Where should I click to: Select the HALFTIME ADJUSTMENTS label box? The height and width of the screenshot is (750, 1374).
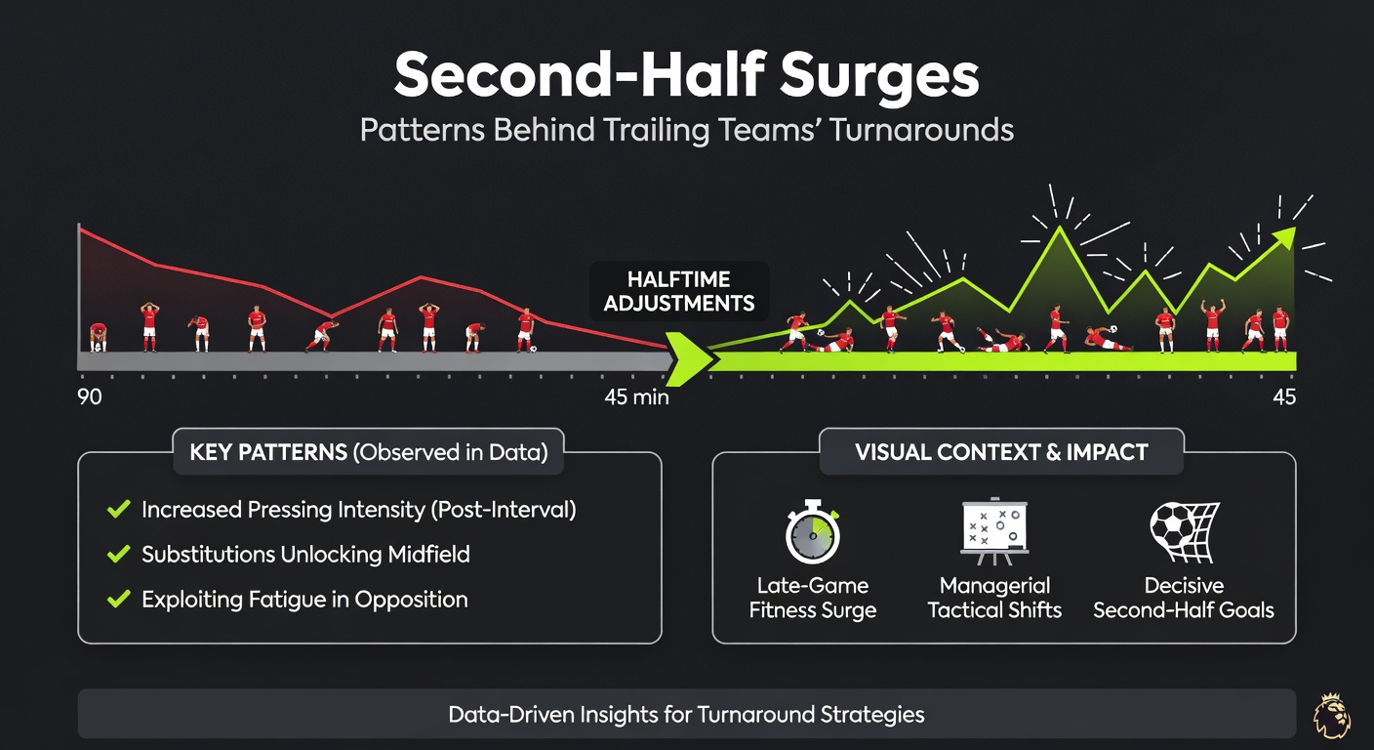(x=679, y=291)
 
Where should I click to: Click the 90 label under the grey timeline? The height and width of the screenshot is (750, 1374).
(x=90, y=397)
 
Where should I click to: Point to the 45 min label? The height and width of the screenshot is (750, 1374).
(x=636, y=397)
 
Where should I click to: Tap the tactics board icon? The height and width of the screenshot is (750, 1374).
(x=994, y=533)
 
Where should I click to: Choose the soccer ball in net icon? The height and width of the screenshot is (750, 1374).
(x=1182, y=533)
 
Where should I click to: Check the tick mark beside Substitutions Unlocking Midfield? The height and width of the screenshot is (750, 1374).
(x=118, y=555)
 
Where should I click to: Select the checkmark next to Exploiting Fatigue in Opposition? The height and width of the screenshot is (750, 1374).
(x=118, y=599)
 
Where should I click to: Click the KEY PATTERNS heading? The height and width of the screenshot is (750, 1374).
(x=368, y=452)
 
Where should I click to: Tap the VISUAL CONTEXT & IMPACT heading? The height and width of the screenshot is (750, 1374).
(x=1001, y=452)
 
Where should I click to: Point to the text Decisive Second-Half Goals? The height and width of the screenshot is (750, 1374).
(x=1183, y=598)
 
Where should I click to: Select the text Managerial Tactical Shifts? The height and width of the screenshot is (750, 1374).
(x=994, y=598)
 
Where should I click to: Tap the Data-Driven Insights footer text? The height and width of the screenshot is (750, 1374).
(x=686, y=714)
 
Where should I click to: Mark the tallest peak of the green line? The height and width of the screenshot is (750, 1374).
(x=1060, y=229)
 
